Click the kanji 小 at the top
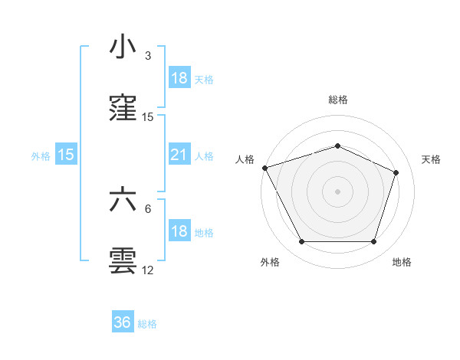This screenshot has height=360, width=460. click(123, 47)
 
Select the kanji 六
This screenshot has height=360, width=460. click(123, 198)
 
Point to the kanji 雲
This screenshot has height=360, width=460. click(123, 260)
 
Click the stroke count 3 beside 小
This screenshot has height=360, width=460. click(148, 56)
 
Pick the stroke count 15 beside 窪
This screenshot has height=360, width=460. click(148, 117)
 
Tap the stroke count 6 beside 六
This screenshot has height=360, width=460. click(148, 208)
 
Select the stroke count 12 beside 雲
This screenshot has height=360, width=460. click(148, 270)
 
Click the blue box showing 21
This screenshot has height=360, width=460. click(179, 155)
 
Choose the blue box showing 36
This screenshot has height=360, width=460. click(123, 322)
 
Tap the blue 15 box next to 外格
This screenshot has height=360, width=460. click(66, 155)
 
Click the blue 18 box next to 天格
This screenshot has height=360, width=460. click(179, 78)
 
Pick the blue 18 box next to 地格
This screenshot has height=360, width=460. click(179, 232)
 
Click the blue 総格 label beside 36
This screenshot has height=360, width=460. click(148, 324)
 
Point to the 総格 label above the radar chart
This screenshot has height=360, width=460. click(338, 100)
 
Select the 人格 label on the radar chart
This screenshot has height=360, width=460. click(245, 159)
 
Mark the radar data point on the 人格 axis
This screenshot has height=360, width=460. click(264, 168)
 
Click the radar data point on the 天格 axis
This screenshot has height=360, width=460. click(396, 172)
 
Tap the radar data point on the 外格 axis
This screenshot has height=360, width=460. click(301, 242)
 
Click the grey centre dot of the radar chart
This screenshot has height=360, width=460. click(338, 191)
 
